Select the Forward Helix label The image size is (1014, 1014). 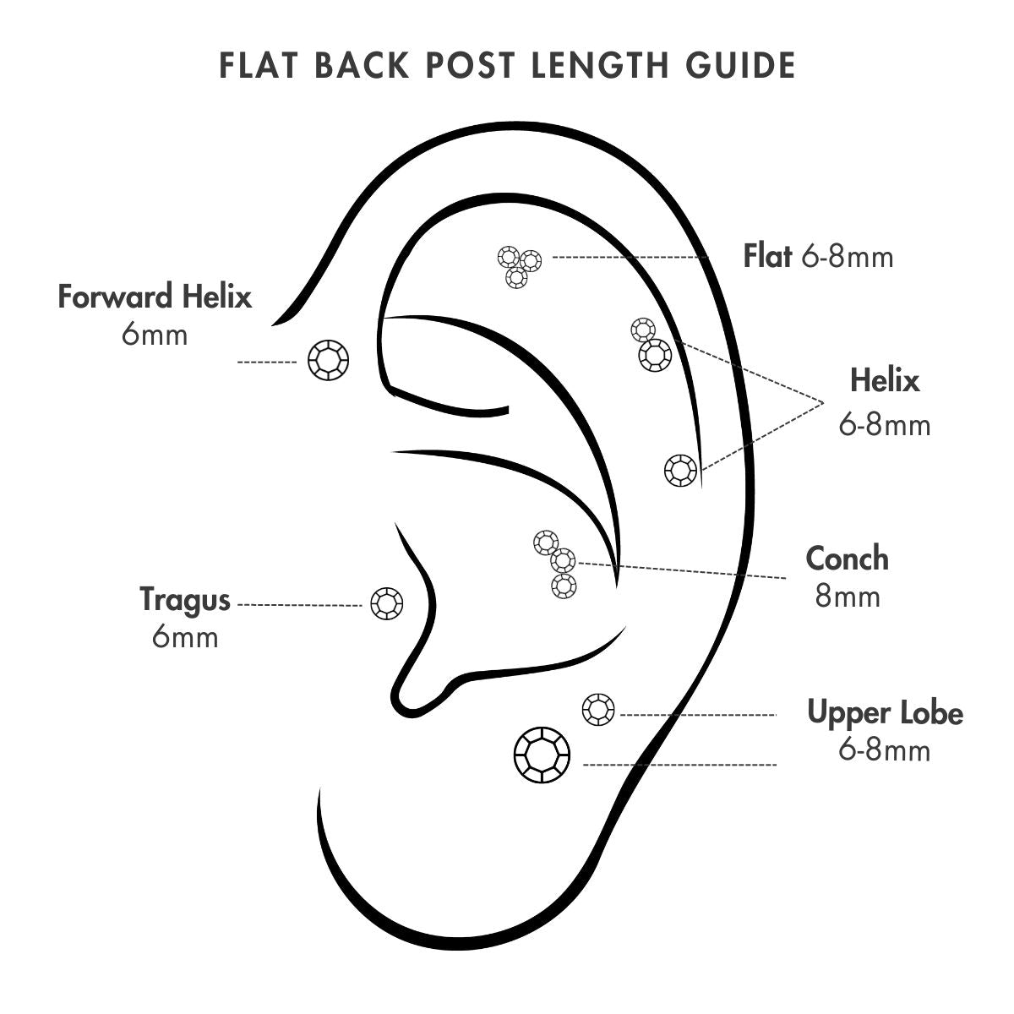(155, 297)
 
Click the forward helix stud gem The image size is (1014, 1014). (328, 362)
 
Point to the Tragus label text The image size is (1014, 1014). (185, 600)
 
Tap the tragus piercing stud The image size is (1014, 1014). (387, 604)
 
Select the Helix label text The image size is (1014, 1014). (884, 380)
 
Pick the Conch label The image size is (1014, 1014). (848, 559)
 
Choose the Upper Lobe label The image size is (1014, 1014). (885, 712)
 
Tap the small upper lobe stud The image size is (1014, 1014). (599, 708)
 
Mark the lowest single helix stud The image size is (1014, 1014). (681, 470)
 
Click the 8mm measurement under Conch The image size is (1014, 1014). (848, 597)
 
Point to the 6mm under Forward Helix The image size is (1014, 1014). (155, 335)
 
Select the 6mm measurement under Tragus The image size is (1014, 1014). (185, 637)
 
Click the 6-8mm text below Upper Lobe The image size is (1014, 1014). (885, 750)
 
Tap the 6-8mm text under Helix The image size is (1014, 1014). (884, 424)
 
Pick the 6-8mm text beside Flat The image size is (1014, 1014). (847, 256)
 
